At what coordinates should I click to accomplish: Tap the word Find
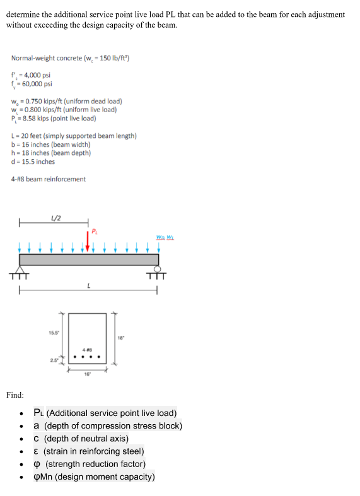click(15, 395)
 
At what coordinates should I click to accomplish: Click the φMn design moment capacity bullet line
click(94, 476)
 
